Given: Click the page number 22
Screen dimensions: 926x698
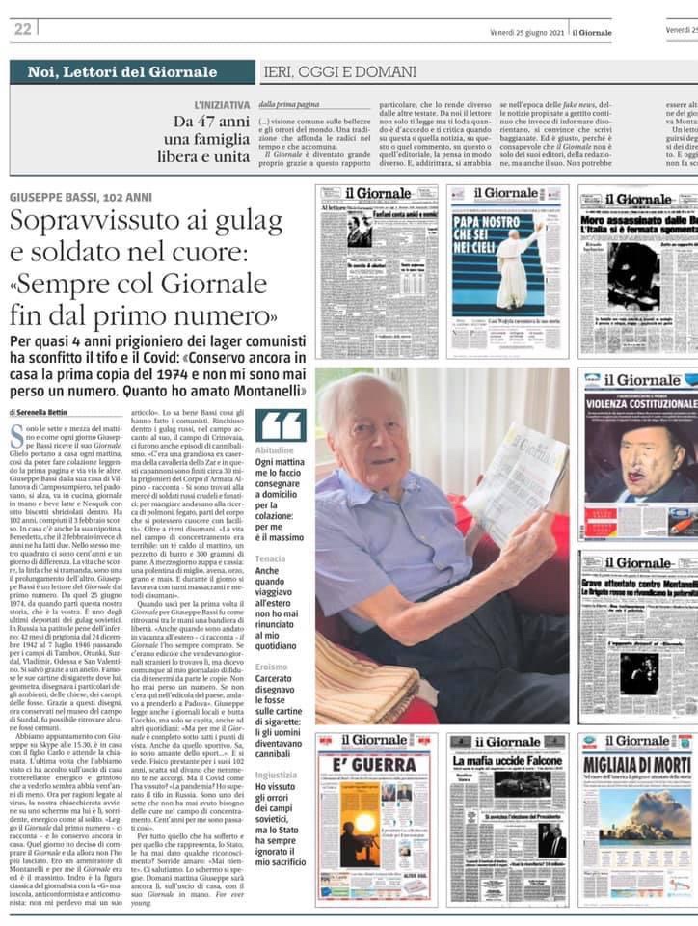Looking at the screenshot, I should point(22,29).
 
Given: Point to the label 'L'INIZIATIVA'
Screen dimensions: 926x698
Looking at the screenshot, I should point(222,103).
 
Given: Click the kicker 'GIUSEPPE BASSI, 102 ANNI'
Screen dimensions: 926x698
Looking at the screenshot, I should point(81,197).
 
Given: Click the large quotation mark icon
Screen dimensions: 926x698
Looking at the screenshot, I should point(281,425).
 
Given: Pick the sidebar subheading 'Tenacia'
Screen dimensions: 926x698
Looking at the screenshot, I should point(271,559).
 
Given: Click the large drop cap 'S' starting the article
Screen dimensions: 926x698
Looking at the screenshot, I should point(16,431).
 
